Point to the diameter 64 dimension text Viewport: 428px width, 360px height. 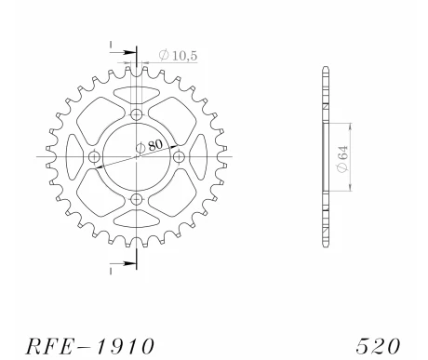point(342,156)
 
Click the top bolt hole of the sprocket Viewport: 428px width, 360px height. point(138,114)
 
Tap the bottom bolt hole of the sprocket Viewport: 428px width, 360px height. point(138,199)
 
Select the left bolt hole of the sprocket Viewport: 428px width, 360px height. point(95,157)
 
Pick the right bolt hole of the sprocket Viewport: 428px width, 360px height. point(180,157)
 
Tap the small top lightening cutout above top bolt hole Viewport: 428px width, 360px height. point(138,92)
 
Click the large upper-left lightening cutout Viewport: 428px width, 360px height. point(96,116)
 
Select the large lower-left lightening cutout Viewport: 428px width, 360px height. point(96,198)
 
